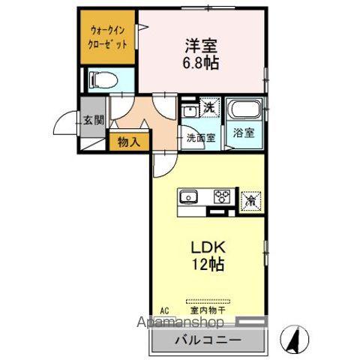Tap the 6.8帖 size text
199,64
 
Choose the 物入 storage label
128,140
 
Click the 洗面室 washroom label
200,138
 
